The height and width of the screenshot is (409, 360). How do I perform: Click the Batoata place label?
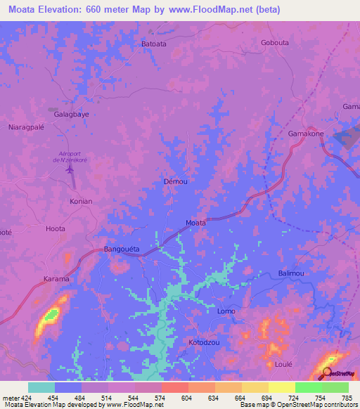pos(154,44)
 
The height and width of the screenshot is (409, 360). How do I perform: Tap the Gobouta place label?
pos(275,42)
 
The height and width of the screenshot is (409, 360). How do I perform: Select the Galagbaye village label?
pos(72,113)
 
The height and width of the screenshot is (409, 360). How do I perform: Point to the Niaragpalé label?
pos(25,128)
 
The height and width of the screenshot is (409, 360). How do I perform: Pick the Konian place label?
pos(81,201)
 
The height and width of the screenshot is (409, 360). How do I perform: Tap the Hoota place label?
pos(55,228)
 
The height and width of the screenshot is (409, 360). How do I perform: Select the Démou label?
pos(175,181)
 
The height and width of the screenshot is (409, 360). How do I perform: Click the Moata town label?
pos(195,223)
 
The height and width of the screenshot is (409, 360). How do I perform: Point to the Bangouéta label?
pos(122,249)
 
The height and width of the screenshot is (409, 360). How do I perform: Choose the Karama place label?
pos(57,279)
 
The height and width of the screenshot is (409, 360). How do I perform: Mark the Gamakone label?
pos(306,134)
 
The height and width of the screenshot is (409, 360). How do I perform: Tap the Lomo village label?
pos(226,311)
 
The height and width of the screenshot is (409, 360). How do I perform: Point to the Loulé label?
pos(283,365)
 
